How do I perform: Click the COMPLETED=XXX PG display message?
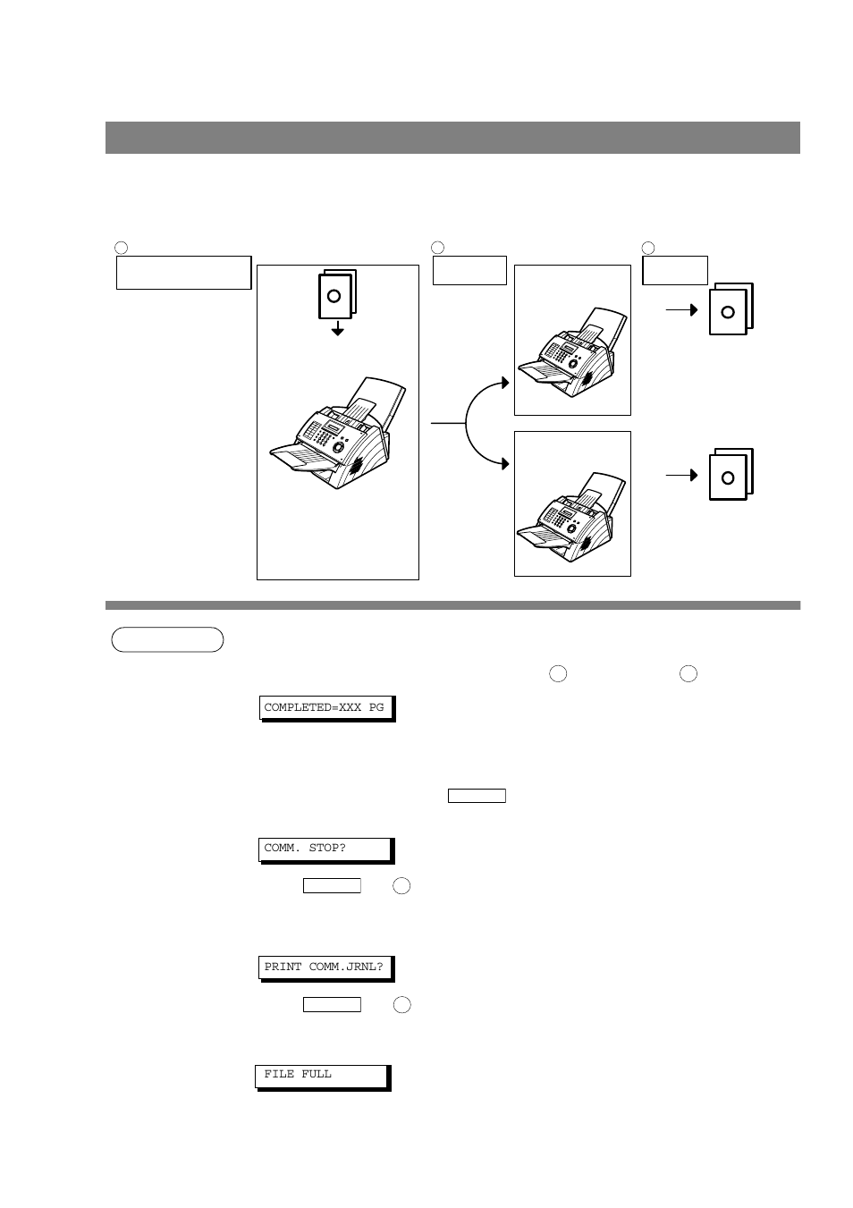click(325, 707)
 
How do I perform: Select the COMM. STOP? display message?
click(325, 848)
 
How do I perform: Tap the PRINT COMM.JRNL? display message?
click(325, 967)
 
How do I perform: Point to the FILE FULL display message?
click(322, 1075)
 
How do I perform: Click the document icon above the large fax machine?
click(337, 294)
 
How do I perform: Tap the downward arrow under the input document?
click(337, 330)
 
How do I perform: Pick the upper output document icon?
click(731, 309)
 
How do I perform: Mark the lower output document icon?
click(731, 475)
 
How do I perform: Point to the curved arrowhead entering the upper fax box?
click(505, 383)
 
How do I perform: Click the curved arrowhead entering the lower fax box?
click(505, 464)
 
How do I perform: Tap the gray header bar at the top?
click(452, 138)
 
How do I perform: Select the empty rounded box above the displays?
click(167, 639)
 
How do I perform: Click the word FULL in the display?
click(317, 1074)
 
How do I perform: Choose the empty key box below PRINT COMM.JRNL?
click(332, 1004)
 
